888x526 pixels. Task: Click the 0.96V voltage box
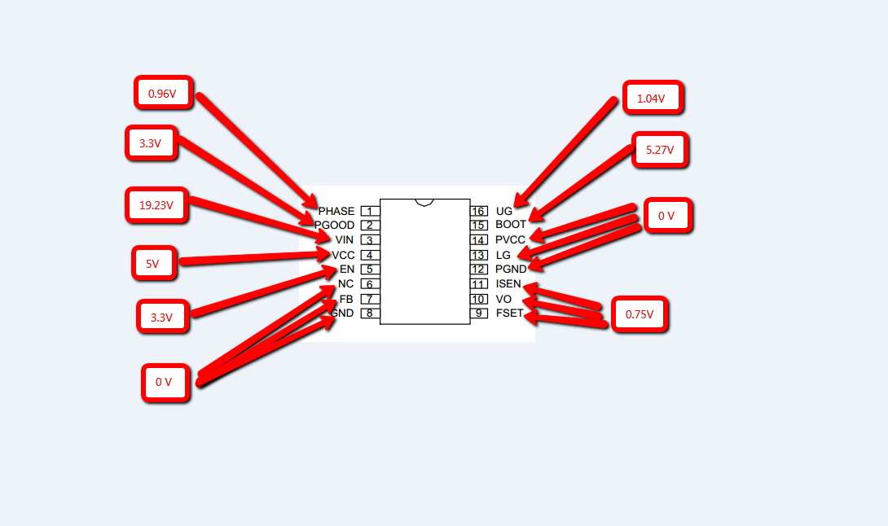(164, 92)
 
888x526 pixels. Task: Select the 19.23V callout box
(157, 204)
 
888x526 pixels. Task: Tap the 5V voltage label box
(154, 263)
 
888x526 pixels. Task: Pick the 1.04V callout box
(653, 98)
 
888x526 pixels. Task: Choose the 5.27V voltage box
(661, 150)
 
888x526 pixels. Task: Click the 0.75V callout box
(640, 313)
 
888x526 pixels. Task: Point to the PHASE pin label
(336, 211)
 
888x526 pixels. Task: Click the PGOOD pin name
(334, 225)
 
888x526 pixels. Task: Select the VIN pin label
(345, 239)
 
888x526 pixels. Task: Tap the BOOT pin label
(511, 224)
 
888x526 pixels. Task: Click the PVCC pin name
(510, 239)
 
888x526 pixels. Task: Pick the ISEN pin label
(508, 283)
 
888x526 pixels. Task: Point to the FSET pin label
(510, 313)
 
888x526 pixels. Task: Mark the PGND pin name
(511, 269)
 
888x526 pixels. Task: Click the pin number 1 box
(371, 211)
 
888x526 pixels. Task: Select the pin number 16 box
(478, 211)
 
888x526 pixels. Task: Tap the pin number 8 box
(371, 313)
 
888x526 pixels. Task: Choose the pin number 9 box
(478, 313)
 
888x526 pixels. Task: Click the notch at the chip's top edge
(424, 202)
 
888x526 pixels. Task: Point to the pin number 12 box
(478, 270)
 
